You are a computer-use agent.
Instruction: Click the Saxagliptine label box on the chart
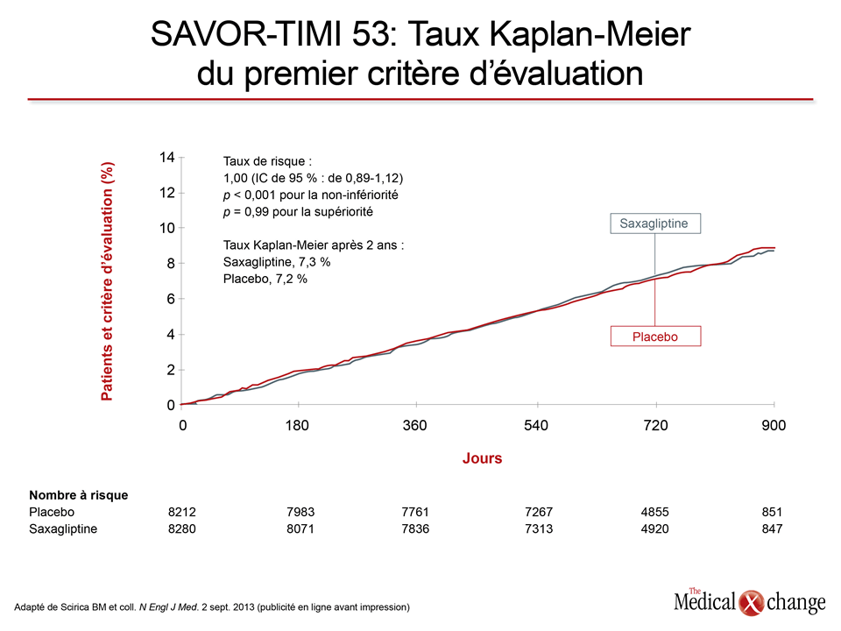tap(655, 223)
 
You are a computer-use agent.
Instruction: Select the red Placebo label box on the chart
tap(655, 337)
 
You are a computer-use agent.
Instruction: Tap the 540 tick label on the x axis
tap(536, 426)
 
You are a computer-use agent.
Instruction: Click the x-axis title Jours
tap(482, 458)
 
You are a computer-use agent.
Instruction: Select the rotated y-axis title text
tap(107, 281)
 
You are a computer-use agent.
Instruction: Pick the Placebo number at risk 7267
tap(539, 512)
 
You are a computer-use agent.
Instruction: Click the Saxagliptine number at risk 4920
tap(655, 528)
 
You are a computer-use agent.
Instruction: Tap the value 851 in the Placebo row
tap(772, 512)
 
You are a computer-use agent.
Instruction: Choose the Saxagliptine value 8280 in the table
tap(182, 528)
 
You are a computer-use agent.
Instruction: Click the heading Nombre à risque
tap(78, 495)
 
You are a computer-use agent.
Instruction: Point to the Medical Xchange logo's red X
tap(751, 603)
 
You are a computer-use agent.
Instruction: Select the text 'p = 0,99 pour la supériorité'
tap(298, 212)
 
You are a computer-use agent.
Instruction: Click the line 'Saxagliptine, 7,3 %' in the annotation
tap(277, 262)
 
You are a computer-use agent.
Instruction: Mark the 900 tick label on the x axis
tap(774, 426)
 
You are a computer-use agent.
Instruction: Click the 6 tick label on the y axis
tap(171, 299)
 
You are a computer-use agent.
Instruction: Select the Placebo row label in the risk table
tap(52, 512)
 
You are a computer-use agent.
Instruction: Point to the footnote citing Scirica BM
tap(212, 607)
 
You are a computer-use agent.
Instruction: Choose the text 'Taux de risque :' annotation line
tap(267, 161)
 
